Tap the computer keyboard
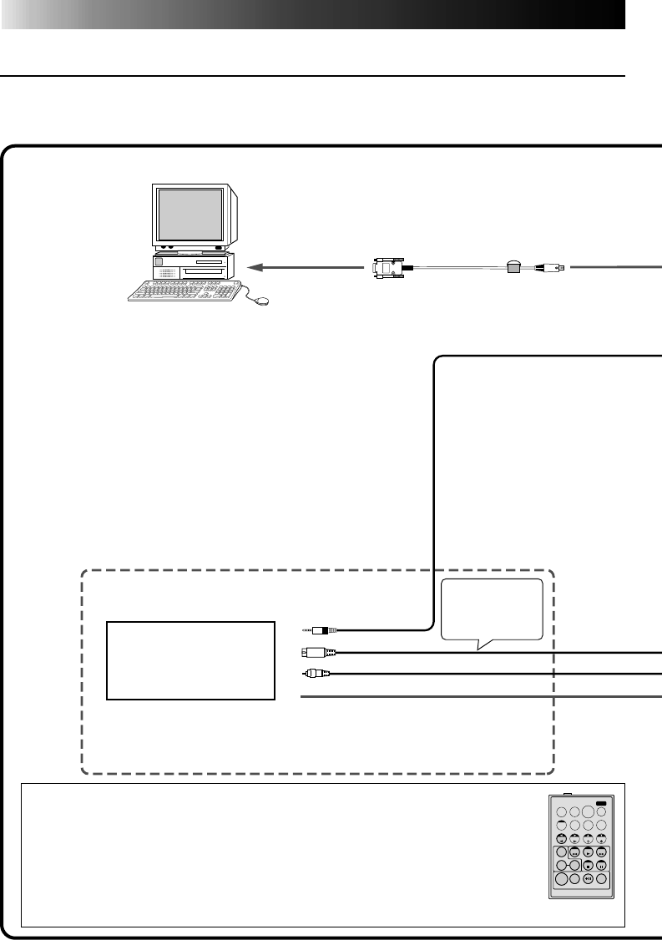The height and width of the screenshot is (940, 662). (x=183, y=290)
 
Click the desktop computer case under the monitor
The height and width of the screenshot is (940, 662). (x=192, y=266)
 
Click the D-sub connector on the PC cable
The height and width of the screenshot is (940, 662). (x=388, y=268)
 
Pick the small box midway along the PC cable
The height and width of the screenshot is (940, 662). (x=515, y=267)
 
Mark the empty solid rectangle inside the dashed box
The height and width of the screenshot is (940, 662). (x=191, y=660)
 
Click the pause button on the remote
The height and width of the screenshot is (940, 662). (x=600, y=865)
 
